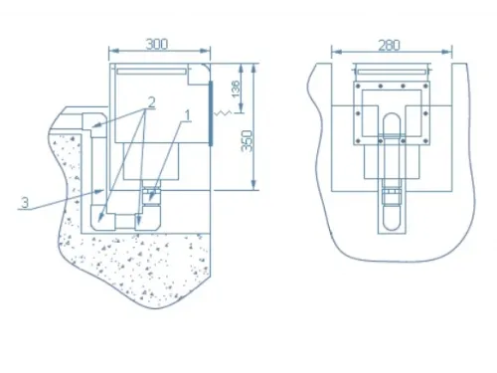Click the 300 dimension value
pyautogui.click(x=157, y=44)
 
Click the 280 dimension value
pyautogui.click(x=390, y=45)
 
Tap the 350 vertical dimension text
pyautogui.click(x=247, y=141)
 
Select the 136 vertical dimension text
pyautogui.click(x=236, y=89)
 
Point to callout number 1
pyautogui.click(x=188, y=116)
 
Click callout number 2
pyautogui.click(x=151, y=102)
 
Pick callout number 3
pyautogui.click(x=25, y=202)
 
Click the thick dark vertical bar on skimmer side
pyautogui.click(x=211, y=113)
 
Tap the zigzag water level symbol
pyautogui.click(x=223, y=113)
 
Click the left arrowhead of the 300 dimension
pyautogui.click(x=113, y=51)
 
